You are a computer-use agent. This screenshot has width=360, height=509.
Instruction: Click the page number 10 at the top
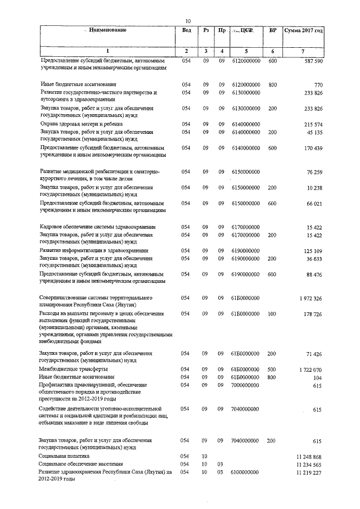tap(188, 21)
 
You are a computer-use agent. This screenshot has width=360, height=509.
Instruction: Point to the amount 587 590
tap(310, 60)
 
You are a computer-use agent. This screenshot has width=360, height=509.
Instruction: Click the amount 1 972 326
tap(308, 298)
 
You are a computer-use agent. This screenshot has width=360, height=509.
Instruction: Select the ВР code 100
tap(272, 313)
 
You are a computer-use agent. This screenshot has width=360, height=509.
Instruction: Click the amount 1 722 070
tap(308, 370)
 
